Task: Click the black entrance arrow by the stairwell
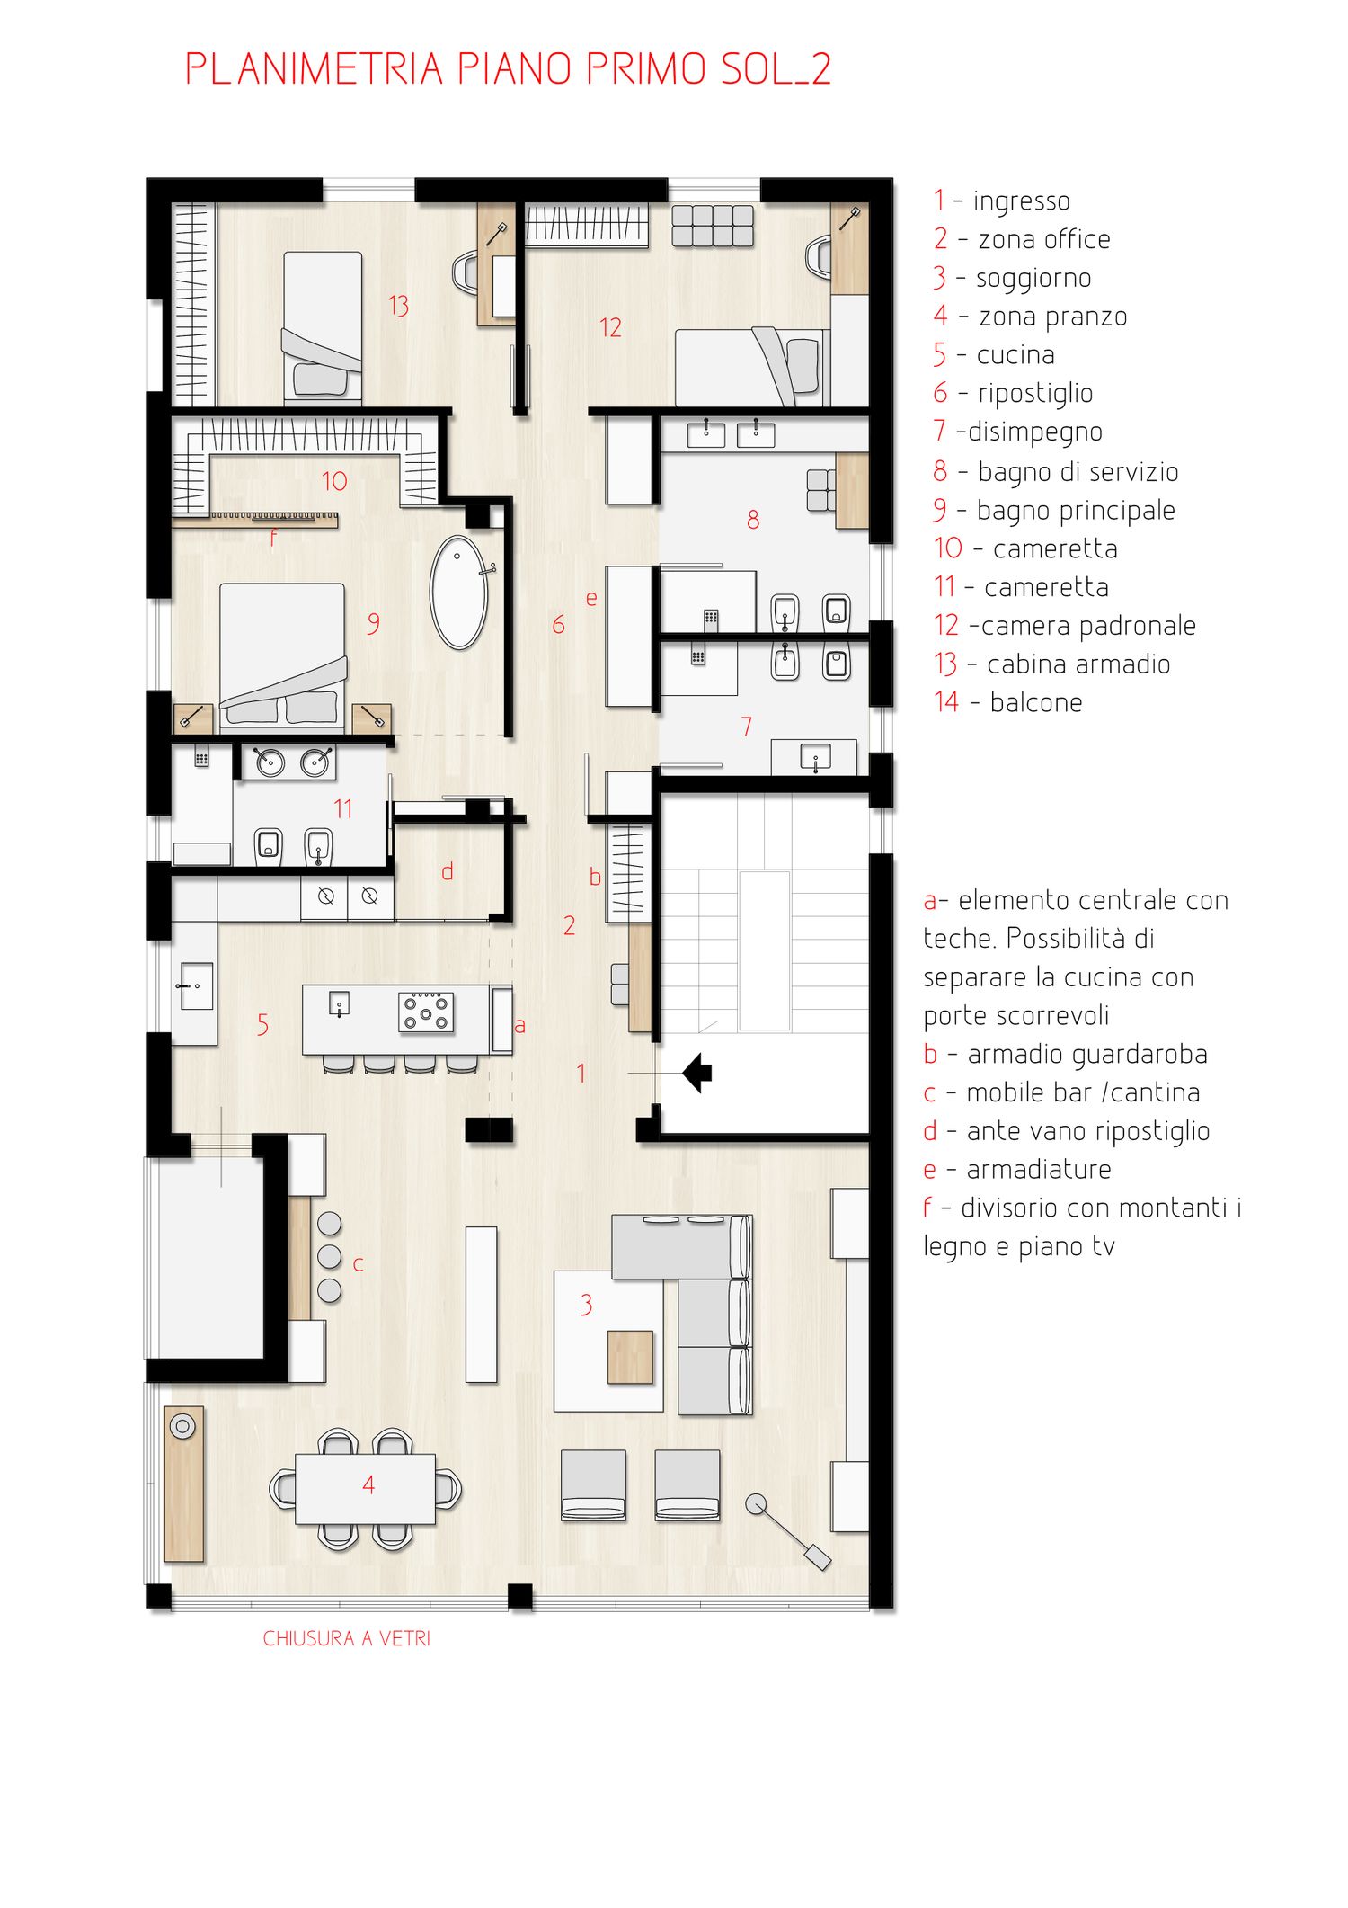point(697,1073)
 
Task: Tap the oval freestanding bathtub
point(459,593)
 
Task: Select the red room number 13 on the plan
point(398,306)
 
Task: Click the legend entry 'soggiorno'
point(1033,279)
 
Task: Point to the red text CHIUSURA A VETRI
point(346,1638)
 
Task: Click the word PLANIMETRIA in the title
point(314,69)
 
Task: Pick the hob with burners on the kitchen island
point(426,1012)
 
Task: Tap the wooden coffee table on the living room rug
point(630,1357)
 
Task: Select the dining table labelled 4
point(365,1489)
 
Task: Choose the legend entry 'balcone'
point(1036,702)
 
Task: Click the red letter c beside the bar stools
point(358,1265)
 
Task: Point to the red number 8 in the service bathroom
point(753,519)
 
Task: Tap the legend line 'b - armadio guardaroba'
point(1065,1054)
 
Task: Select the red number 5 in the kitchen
point(262,1024)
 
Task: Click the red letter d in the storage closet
point(447,870)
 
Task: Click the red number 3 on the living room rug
point(586,1305)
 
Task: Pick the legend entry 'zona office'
point(1044,240)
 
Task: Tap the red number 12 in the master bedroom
point(610,327)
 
